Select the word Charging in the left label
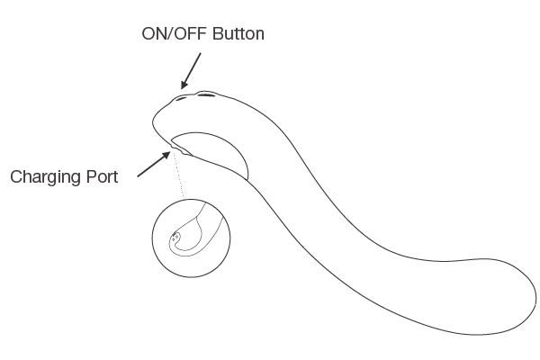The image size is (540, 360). pos(44,176)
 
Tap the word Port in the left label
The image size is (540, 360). pos(100,176)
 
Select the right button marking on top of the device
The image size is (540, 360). pos(206,94)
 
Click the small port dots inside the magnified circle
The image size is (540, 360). pos(175,238)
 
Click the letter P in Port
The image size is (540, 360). pos(87,176)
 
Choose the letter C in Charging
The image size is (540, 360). pos(16,176)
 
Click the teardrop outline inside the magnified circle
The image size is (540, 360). pos(184,236)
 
